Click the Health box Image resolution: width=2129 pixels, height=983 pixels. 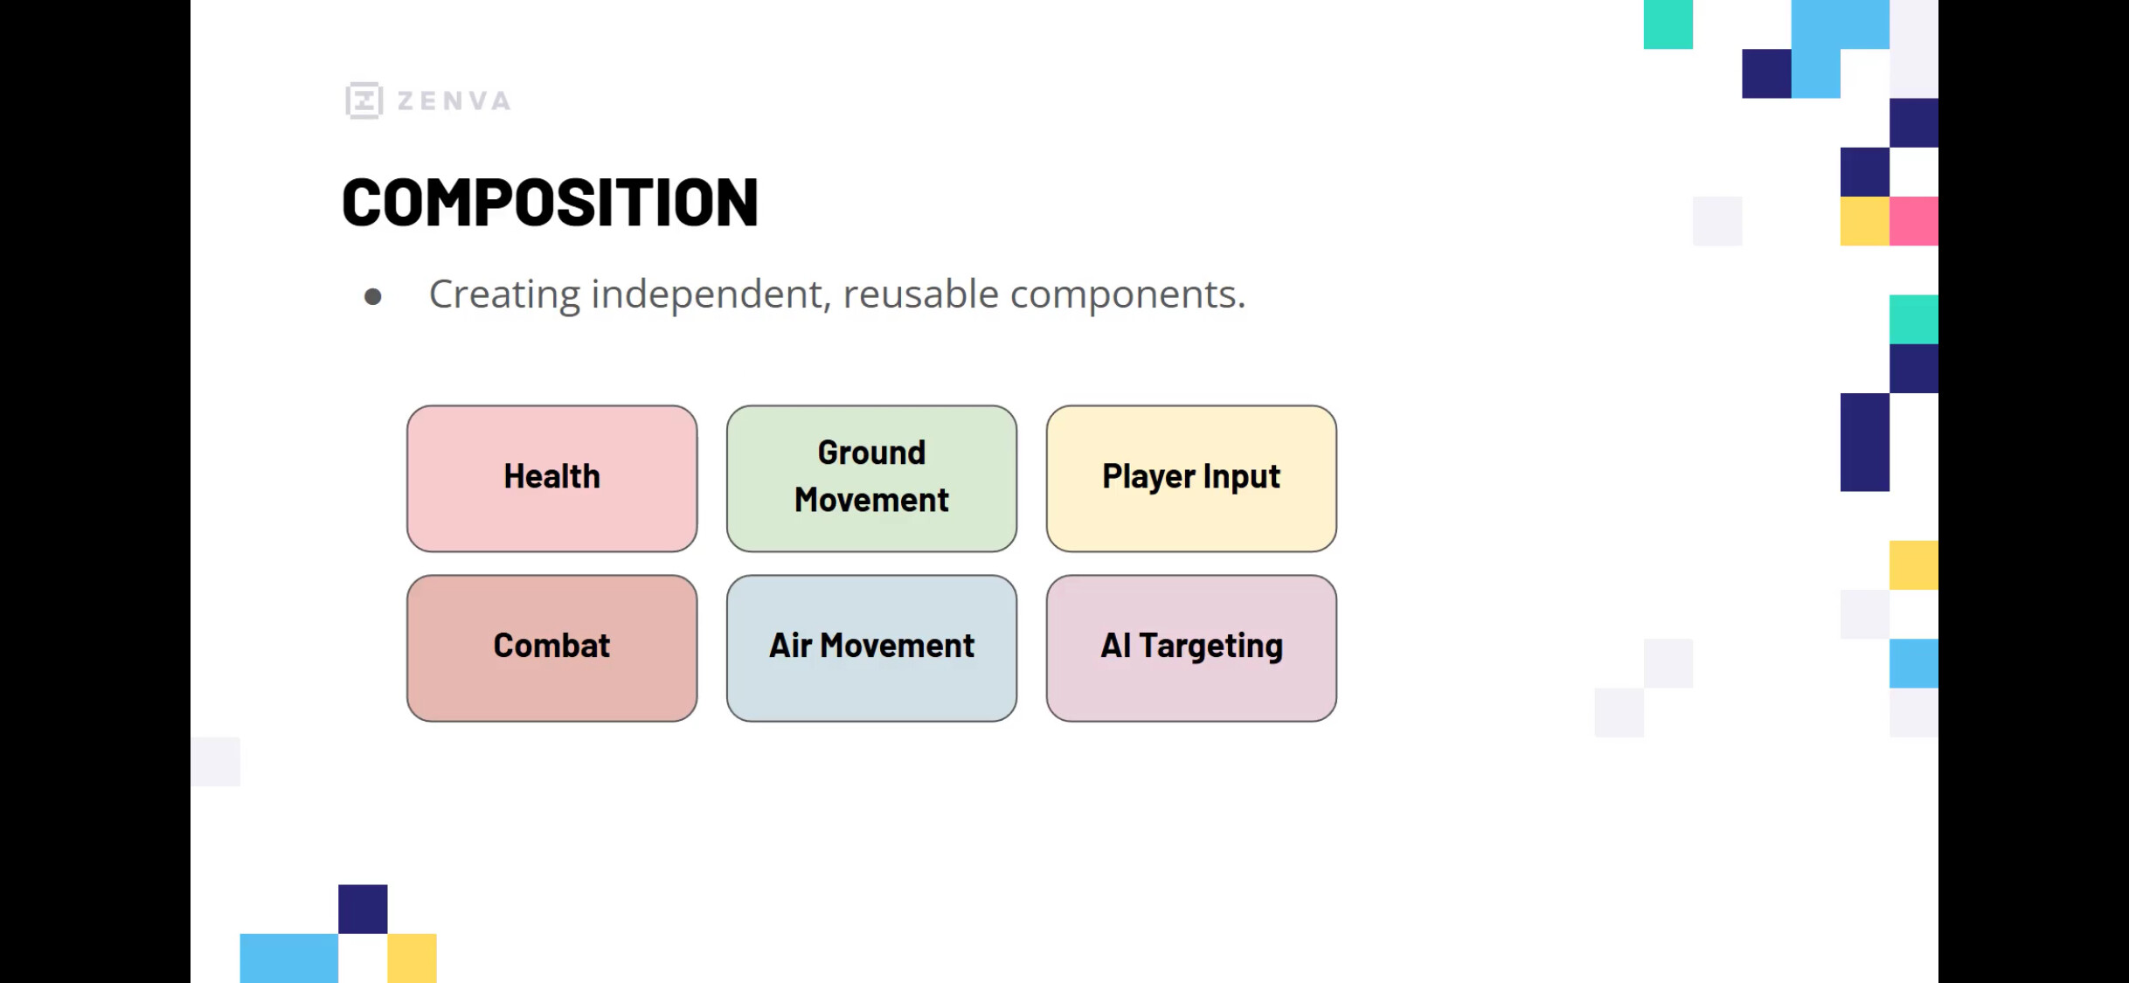click(551, 478)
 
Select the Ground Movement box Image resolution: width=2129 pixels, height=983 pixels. click(871, 478)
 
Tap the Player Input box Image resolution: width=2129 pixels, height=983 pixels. click(1191, 478)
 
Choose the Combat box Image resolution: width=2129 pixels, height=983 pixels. click(551, 647)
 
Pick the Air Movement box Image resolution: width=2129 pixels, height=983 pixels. click(871, 647)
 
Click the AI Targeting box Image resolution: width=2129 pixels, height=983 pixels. click(1191, 647)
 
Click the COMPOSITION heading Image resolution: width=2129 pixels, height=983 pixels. click(550, 202)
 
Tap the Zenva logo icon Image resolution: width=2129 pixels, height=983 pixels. click(364, 100)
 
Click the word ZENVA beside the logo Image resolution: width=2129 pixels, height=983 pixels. click(454, 101)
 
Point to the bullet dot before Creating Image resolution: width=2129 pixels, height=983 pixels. click(373, 297)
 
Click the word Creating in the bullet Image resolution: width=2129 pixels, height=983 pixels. click(504, 294)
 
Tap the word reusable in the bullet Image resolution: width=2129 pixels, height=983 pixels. click(920, 294)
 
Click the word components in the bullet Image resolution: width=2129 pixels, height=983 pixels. click(1127, 295)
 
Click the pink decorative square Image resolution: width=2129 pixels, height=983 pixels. click(1914, 221)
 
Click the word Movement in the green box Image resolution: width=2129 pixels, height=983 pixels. click(871, 500)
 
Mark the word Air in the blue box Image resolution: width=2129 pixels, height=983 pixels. click(791, 645)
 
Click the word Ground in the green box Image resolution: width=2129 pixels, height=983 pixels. click(871, 453)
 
